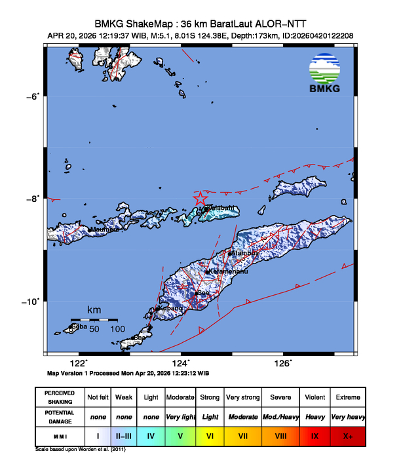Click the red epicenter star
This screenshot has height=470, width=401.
(x=201, y=199)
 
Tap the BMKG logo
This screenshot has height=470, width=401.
(x=325, y=75)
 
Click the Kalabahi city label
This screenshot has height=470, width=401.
(x=220, y=208)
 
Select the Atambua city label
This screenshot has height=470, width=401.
(x=244, y=252)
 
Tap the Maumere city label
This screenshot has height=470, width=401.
(x=104, y=229)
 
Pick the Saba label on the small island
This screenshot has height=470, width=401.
(x=79, y=326)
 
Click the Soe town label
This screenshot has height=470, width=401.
(x=204, y=292)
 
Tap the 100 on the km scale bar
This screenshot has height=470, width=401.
(x=117, y=328)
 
